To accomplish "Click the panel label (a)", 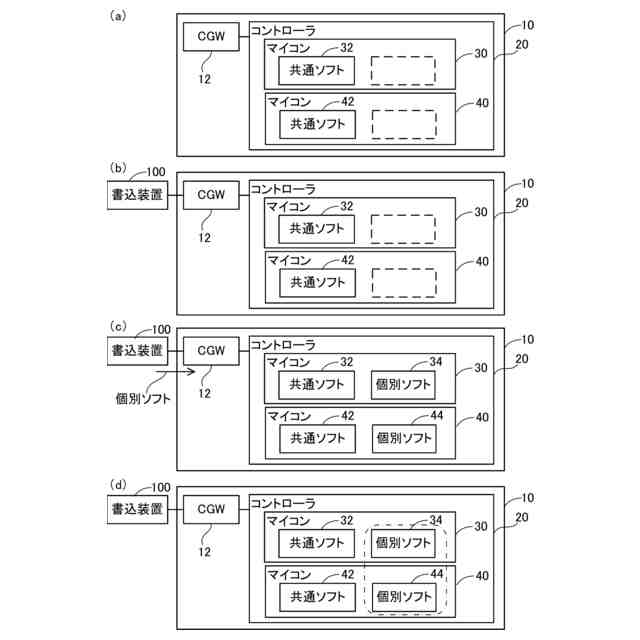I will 118,16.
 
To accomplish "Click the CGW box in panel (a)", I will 211,39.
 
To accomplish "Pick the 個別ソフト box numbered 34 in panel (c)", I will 404,384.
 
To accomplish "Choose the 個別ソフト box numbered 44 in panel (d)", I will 404,597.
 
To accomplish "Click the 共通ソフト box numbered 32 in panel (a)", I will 316,71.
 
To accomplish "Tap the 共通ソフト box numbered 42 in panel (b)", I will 316,282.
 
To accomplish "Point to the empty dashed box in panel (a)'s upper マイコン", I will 403,71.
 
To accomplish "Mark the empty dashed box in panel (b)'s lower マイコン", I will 403,282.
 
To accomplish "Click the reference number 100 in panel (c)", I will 159,329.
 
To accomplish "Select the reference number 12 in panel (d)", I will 204,551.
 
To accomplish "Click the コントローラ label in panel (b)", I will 282,188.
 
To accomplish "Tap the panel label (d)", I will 118,485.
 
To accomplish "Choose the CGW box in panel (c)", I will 211,351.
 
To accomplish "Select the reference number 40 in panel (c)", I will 482,417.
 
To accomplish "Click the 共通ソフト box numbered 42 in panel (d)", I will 316,597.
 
